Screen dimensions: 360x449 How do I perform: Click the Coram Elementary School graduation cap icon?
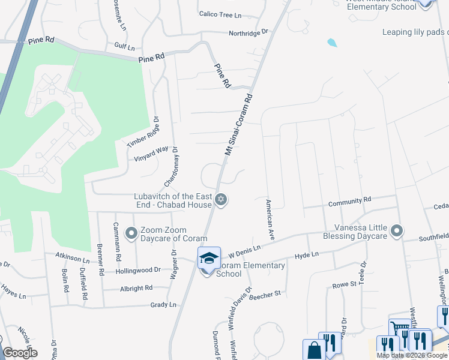coord(209,258)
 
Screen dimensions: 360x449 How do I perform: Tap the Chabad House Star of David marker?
coord(221,200)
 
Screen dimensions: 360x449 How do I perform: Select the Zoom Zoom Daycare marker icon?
coord(130,232)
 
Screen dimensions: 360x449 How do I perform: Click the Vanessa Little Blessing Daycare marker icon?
coord(396,230)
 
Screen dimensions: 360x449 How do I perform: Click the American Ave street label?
coord(270,220)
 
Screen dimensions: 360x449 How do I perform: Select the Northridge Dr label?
coord(248,34)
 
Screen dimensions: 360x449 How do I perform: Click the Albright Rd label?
coord(136,288)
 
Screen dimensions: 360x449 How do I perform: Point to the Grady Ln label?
coord(164,305)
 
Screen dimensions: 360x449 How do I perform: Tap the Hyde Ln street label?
coord(306,256)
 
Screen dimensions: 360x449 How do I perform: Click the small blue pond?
coord(332,43)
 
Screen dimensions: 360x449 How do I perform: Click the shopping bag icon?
coord(313,349)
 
